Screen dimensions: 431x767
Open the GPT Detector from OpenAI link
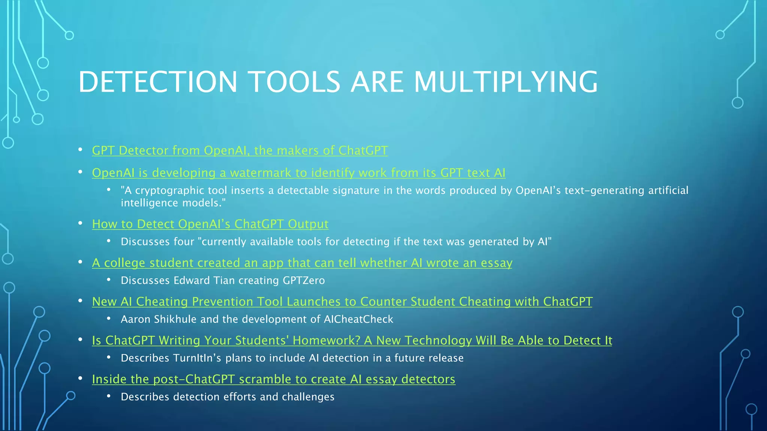pyautogui.click(x=240, y=150)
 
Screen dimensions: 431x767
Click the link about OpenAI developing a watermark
pyautogui.click(x=298, y=173)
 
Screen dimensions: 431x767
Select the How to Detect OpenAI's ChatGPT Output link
pyautogui.click(x=210, y=224)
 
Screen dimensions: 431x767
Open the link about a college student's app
pyautogui.click(x=302, y=263)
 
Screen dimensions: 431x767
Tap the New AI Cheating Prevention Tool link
pyautogui.click(x=342, y=302)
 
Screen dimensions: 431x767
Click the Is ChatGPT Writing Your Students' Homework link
pyautogui.click(x=352, y=340)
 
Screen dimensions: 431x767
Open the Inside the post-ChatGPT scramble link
pyautogui.click(x=273, y=379)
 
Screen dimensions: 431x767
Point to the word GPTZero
pyautogui.click(x=304, y=281)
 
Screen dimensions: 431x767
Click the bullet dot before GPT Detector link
pyautogui.click(x=80, y=150)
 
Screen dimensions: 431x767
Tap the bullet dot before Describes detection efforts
pyautogui.click(x=109, y=396)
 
